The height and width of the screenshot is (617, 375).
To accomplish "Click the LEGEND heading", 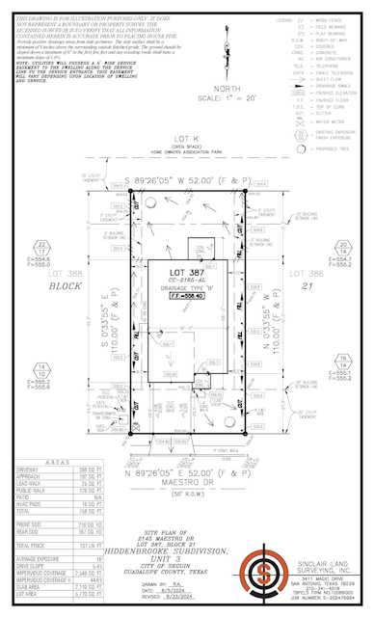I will [x=283, y=19].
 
